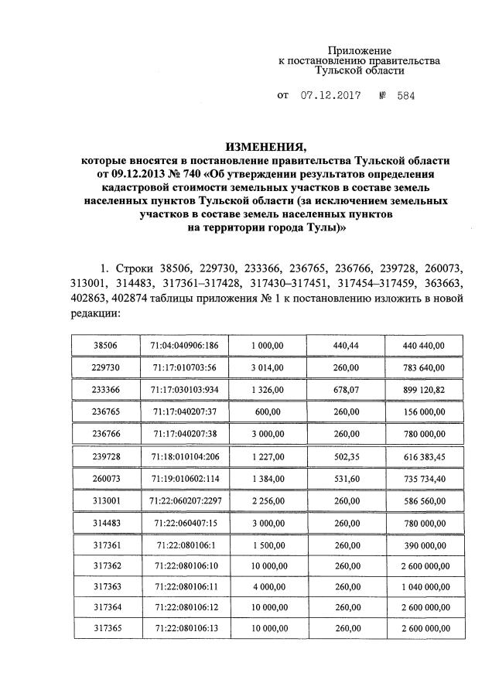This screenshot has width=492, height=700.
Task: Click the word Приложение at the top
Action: [x=361, y=50]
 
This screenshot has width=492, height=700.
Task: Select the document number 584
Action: [x=407, y=97]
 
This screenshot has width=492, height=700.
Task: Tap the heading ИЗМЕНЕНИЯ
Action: [x=267, y=146]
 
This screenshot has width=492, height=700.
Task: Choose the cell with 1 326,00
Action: [x=267, y=390]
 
